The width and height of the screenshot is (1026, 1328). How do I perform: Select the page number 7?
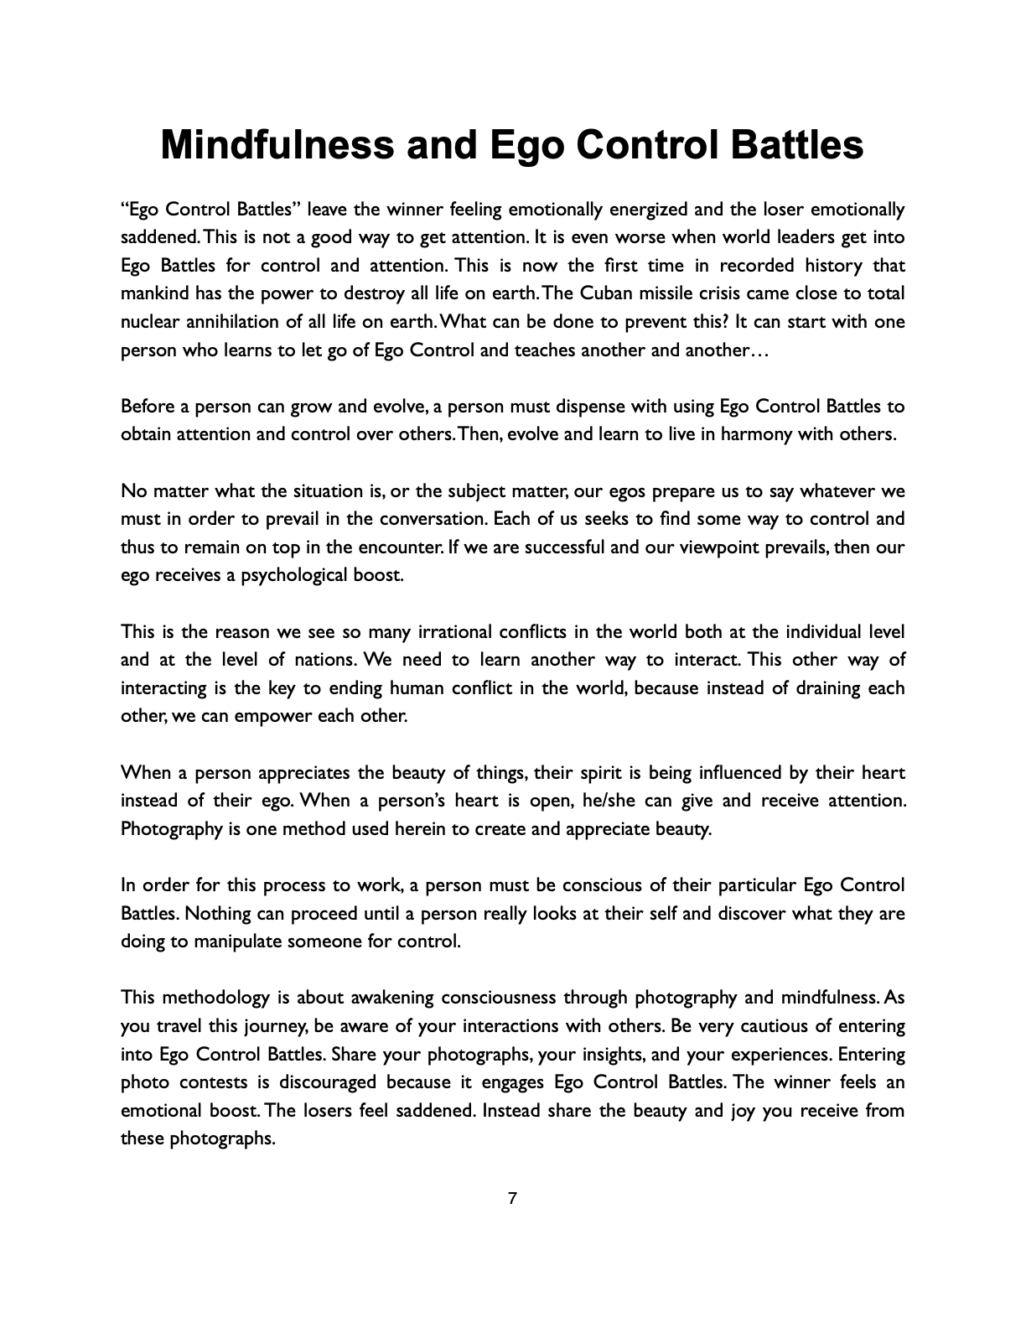[513, 1199]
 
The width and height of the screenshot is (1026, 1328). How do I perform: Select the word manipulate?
[237, 942]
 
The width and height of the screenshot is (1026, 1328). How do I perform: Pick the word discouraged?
[330, 1082]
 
